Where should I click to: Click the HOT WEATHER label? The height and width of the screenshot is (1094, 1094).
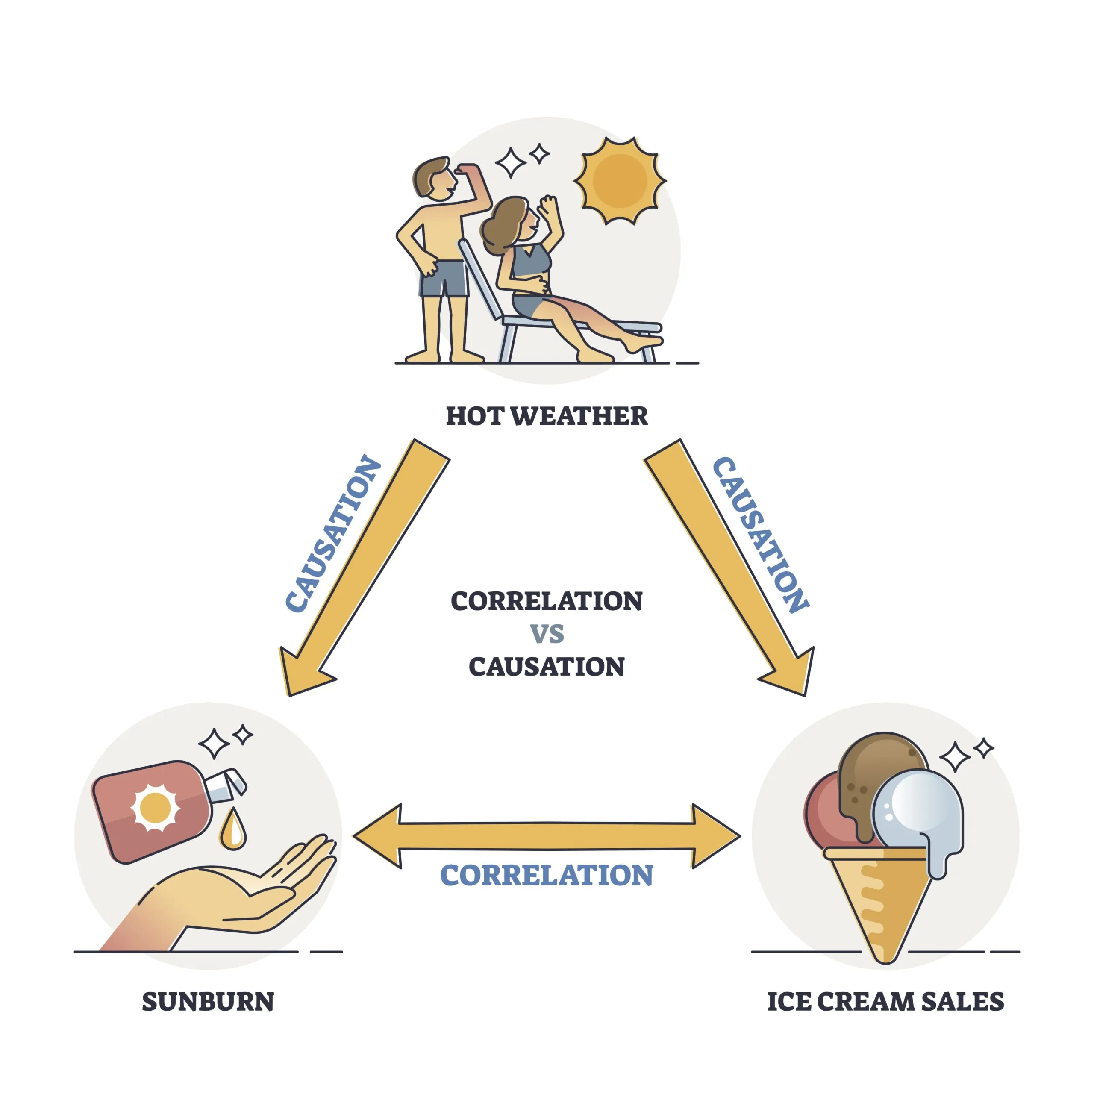click(x=547, y=416)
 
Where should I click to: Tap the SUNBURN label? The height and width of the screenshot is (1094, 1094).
click(x=208, y=1002)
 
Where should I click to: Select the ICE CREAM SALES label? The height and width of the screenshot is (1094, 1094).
click(x=885, y=1002)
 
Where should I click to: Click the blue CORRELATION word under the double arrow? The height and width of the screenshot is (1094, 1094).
click(x=547, y=876)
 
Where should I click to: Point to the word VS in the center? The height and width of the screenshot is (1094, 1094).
click(x=547, y=634)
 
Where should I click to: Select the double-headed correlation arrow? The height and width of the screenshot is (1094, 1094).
click(x=547, y=836)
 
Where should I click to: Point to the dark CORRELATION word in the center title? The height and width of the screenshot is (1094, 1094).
click(x=547, y=601)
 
